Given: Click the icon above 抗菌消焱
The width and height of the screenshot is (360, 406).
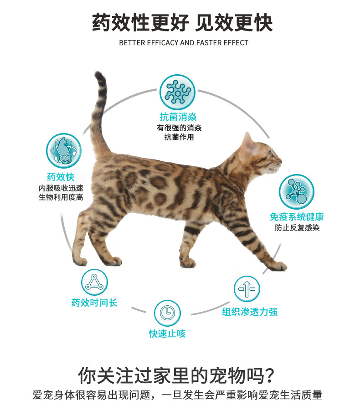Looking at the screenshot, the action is click(x=177, y=92).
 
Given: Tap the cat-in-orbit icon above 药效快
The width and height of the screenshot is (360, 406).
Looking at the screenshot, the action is click(x=64, y=151).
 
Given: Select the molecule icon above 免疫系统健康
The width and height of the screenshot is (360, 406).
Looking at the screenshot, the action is click(x=297, y=192).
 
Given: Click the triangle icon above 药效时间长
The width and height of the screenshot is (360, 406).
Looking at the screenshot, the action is click(x=94, y=282).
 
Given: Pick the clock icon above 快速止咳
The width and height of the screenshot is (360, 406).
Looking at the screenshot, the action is click(x=167, y=313).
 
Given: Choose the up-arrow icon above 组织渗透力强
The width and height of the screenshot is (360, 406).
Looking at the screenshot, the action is click(x=247, y=289).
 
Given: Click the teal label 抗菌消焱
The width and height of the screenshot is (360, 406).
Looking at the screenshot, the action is click(x=178, y=117).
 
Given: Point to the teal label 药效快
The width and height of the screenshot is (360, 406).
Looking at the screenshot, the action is click(x=61, y=177).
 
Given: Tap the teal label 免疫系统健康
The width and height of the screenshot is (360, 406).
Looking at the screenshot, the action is click(x=297, y=217).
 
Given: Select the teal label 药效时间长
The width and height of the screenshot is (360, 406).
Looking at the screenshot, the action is click(x=94, y=303).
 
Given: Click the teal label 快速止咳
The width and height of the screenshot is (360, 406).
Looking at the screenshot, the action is click(x=167, y=334).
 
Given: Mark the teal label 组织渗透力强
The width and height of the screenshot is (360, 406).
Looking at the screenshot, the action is click(x=249, y=312).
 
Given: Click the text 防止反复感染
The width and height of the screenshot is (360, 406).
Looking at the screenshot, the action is click(x=297, y=228).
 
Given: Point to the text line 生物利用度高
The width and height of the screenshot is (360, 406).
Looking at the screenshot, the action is click(x=61, y=197).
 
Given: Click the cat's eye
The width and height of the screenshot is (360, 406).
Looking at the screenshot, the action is click(x=271, y=154).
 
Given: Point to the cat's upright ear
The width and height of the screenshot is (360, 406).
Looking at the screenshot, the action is click(x=247, y=141).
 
